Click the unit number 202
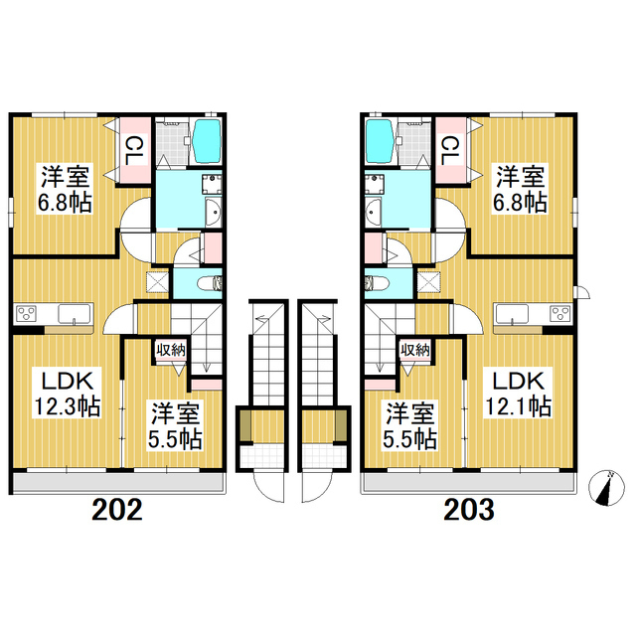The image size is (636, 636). (x=117, y=510)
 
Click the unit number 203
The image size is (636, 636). (x=469, y=510)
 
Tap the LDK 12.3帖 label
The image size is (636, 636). (x=68, y=394)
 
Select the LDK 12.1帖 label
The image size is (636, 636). (x=519, y=394)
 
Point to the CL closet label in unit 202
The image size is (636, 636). (x=134, y=150)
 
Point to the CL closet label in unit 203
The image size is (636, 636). (x=450, y=150)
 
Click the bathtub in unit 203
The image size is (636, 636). (x=380, y=141)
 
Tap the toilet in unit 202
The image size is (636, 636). (x=210, y=283)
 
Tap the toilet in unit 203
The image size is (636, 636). (x=377, y=283)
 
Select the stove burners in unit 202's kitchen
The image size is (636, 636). (x=27, y=314)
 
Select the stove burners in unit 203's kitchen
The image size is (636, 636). (x=560, y=314)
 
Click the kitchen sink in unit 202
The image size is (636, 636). (x=74, y=314)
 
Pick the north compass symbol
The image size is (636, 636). (x=606, y=488)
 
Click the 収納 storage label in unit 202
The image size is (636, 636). (x=171, y=350)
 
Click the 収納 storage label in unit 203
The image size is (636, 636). (x=415, y=350)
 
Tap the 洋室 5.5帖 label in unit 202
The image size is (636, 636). (x=175, y=426)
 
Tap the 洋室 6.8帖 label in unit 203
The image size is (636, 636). (x=520, y=189)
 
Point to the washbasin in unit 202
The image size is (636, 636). (x=213, y=212)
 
